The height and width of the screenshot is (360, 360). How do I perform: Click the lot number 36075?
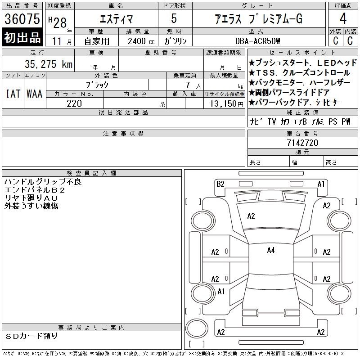tap(22, 18)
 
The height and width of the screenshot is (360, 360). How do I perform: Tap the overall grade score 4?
tap(343, 18)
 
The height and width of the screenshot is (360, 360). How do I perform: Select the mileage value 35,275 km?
tap(49, 64)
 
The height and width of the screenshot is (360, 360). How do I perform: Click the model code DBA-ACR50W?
tap(257, 41)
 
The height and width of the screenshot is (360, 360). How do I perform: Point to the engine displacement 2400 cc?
tap(141, 41)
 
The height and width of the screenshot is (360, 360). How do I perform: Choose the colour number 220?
tap(74, 103)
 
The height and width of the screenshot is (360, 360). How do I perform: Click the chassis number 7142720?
tap(302, 143)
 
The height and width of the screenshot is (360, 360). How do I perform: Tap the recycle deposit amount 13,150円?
tap(226, 104)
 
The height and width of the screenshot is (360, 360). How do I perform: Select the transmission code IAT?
tap(13, 94)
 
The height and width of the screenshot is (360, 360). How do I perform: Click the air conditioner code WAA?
tap(35, 94)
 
